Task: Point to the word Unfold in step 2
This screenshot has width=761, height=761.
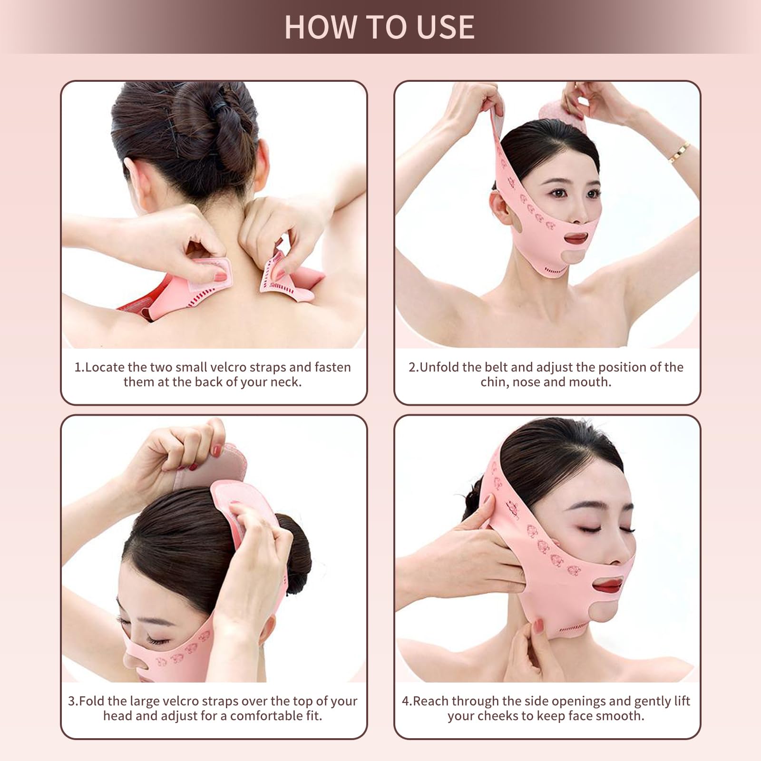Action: click(x=439, y=367)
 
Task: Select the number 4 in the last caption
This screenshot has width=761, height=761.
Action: click(x=406, y=701)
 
